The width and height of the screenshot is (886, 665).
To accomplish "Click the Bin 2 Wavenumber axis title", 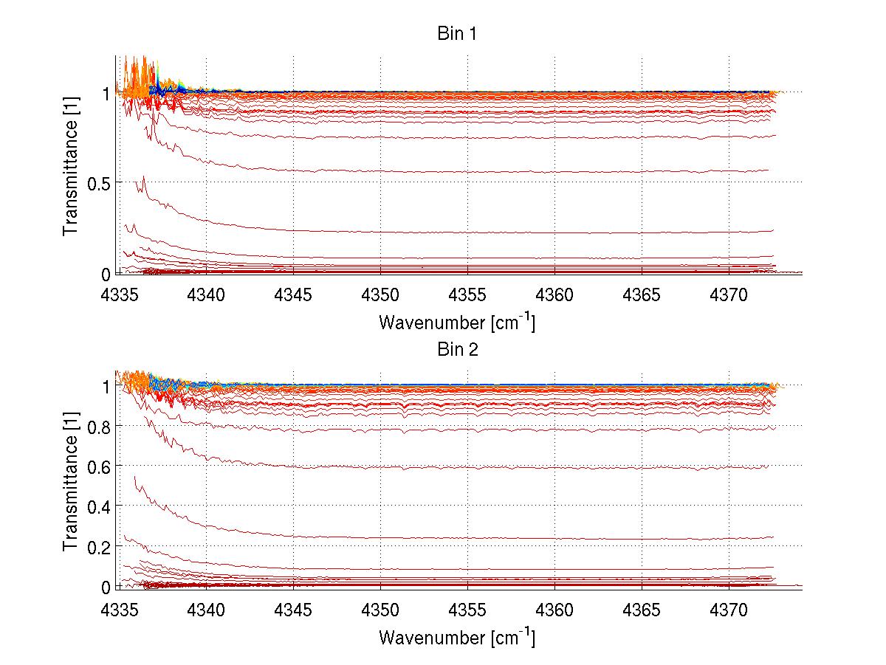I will pos(456,636).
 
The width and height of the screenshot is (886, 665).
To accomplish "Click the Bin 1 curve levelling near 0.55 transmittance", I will pos(517,171).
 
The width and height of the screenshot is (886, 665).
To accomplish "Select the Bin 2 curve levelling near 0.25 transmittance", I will pos(517,538).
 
